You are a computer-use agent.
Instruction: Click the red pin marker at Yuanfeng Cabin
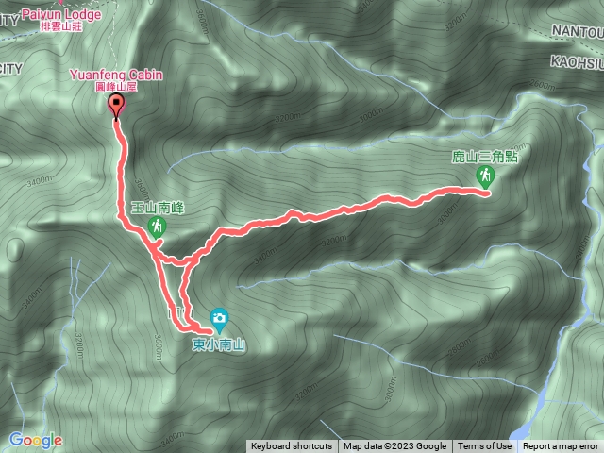(116, 105)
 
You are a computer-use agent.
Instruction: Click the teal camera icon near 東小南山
(219, 316)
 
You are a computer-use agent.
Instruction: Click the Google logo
(35, 440)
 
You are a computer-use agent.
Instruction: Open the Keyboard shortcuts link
(291, 446)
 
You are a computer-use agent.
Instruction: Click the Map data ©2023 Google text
(395, 446)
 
